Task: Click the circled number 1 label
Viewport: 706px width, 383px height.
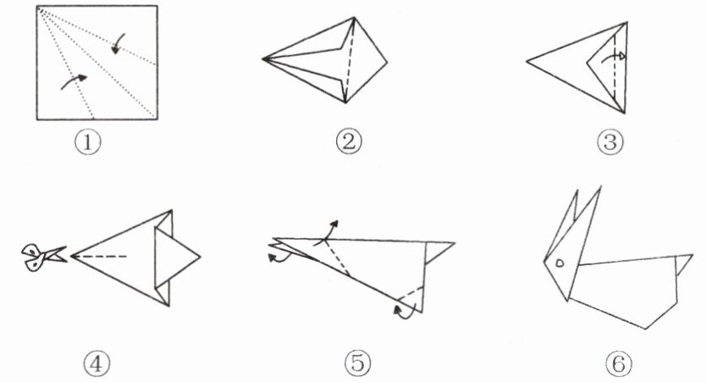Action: pyautogui.click(x=88, y=142)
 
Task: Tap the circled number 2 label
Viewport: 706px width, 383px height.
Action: pyautogui.click(x=349, y=142)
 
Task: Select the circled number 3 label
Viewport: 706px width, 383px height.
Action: pyautogui.click(x=610, y=142)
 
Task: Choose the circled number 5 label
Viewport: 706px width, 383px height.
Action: pyautogui.click(x=358, y=364)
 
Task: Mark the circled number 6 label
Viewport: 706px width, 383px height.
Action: pyautogui.click(x=619, y=364)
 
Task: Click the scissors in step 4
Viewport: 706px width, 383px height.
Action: pyautogui.click(x=43, y=257)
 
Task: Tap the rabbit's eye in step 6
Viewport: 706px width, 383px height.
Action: pyautogui.click(x=560, y=263)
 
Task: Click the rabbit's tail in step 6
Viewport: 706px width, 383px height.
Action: pyautogui.click(x=684, y=264)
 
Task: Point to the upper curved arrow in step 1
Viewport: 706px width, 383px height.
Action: pyautogui.click(x=118, y=44)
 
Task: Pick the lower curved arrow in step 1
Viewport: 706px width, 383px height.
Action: pyautogui.click(x=74, y=81)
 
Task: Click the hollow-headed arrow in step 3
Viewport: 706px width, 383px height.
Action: pyautogui.click(x=611, y=56)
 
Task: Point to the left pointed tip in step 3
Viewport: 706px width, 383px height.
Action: pyautogui.click(x=527, y=61)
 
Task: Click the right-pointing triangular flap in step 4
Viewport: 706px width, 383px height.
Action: pyautogui.click(x=176, y=257)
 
